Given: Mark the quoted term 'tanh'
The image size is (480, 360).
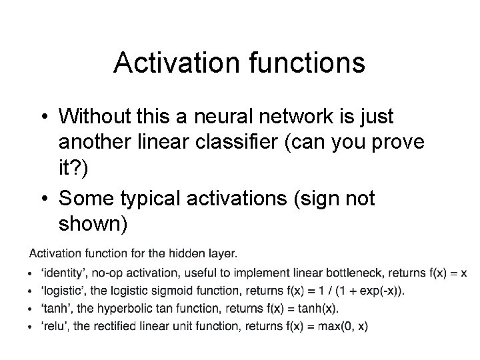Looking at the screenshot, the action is (x=55, y=309).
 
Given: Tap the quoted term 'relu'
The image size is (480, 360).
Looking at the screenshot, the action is (x=53, y=326).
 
